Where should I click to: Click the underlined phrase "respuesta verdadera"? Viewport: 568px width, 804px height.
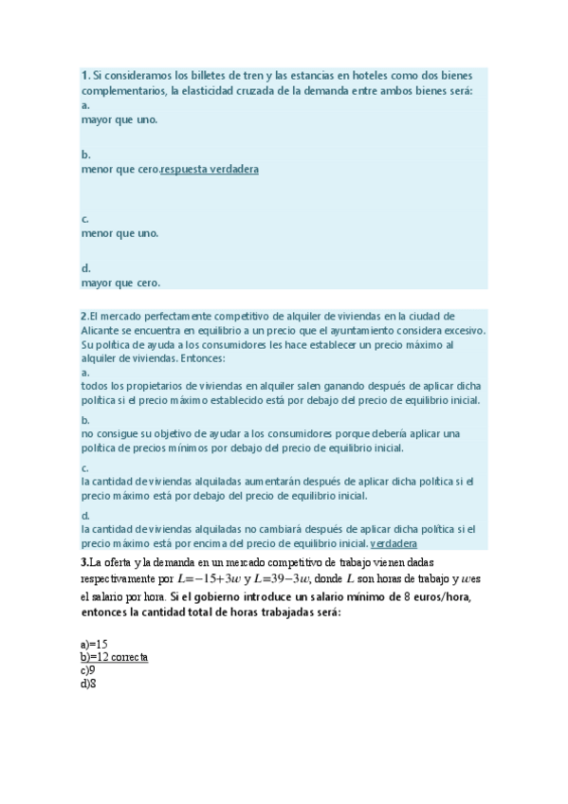pos(210,170)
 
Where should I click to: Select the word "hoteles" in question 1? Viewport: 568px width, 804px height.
pos(373,75)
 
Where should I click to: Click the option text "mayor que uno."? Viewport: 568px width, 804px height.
pos(119,120)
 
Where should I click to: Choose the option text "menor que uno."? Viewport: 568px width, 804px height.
pos(119,233)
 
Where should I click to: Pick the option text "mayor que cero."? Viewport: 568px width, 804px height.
pos(120,283)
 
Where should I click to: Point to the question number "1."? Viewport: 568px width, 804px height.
pos(85,75)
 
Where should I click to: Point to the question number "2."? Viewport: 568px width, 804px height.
pos(84,316)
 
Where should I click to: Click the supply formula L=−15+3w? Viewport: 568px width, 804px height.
pos(210,579)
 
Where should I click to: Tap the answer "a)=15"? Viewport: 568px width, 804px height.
pos(95,644)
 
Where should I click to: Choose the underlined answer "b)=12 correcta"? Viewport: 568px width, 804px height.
pos(115,657)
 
